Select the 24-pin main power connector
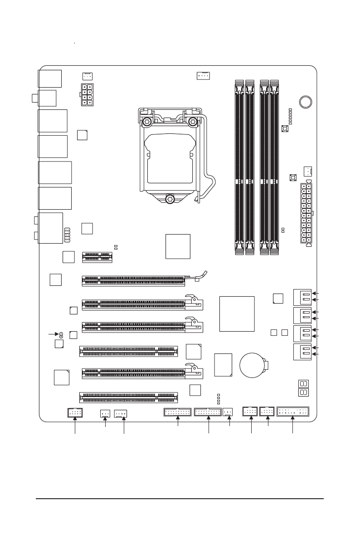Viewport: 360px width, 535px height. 307,213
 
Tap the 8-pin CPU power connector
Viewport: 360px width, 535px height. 88,94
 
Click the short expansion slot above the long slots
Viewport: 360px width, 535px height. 97,257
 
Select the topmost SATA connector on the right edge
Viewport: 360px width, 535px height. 302,297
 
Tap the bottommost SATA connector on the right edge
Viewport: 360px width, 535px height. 302,352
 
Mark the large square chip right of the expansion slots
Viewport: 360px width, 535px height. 237,314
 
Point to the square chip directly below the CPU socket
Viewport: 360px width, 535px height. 178,246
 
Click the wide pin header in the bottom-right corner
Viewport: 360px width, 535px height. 292,412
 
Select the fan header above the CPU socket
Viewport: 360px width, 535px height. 203,75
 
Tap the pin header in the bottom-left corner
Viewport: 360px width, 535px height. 75,412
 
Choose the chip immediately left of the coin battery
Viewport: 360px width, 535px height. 224,365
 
